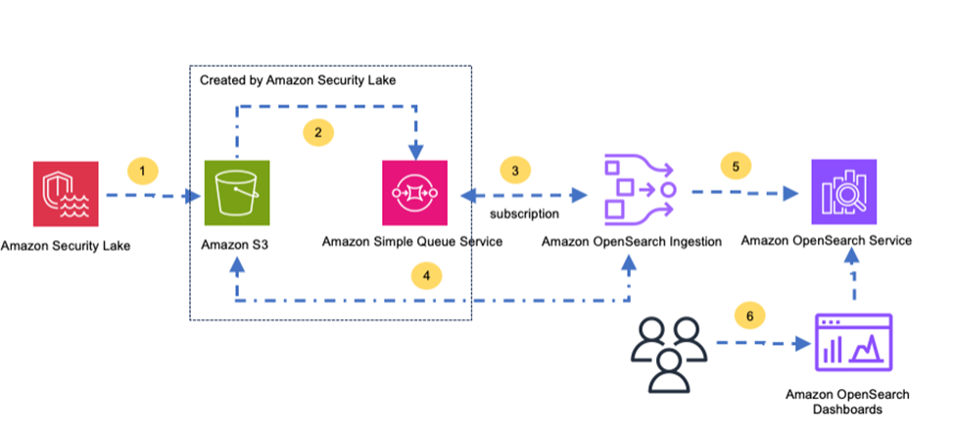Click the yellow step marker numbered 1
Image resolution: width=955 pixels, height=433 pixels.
tap(143, 170)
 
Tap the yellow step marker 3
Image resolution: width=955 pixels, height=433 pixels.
tap(515, 170)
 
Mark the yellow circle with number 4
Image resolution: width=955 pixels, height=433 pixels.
tap(425, 276)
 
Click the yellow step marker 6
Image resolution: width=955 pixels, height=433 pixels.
tap(749, 315)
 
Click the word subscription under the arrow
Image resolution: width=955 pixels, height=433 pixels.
tap(524, 213)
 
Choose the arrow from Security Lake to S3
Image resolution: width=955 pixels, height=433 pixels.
tap(152, 196)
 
